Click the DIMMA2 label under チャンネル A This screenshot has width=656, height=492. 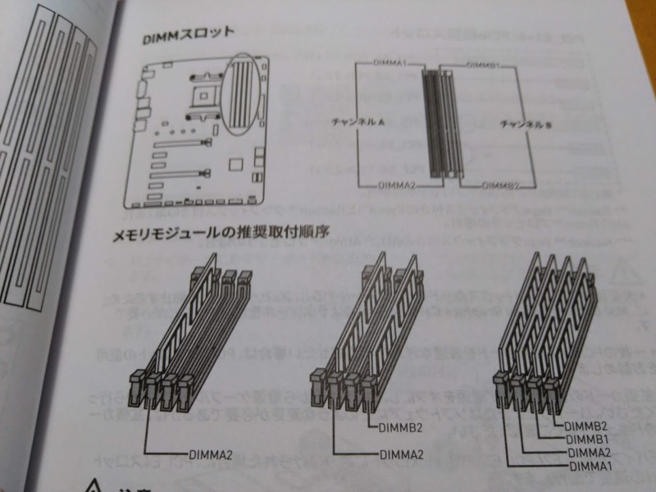(x=397, y=186)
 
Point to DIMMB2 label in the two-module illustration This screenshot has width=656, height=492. (x=401, y=426)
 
